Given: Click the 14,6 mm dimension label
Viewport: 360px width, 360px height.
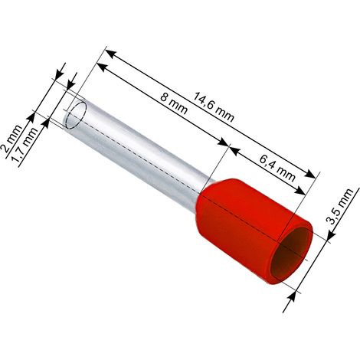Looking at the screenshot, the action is pyautogui.click(x=213, y=106).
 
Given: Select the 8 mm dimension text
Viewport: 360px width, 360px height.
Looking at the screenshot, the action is pyautogui.click(x=174, y=103).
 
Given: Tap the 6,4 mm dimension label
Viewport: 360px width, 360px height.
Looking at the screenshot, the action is pyautogui.click(x=277, y=167).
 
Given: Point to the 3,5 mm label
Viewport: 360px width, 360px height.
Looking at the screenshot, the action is pyautogui.click(x=340, y=206).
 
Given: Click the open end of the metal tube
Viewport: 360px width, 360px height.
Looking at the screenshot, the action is pyautogui.click(x=76, y=114).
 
